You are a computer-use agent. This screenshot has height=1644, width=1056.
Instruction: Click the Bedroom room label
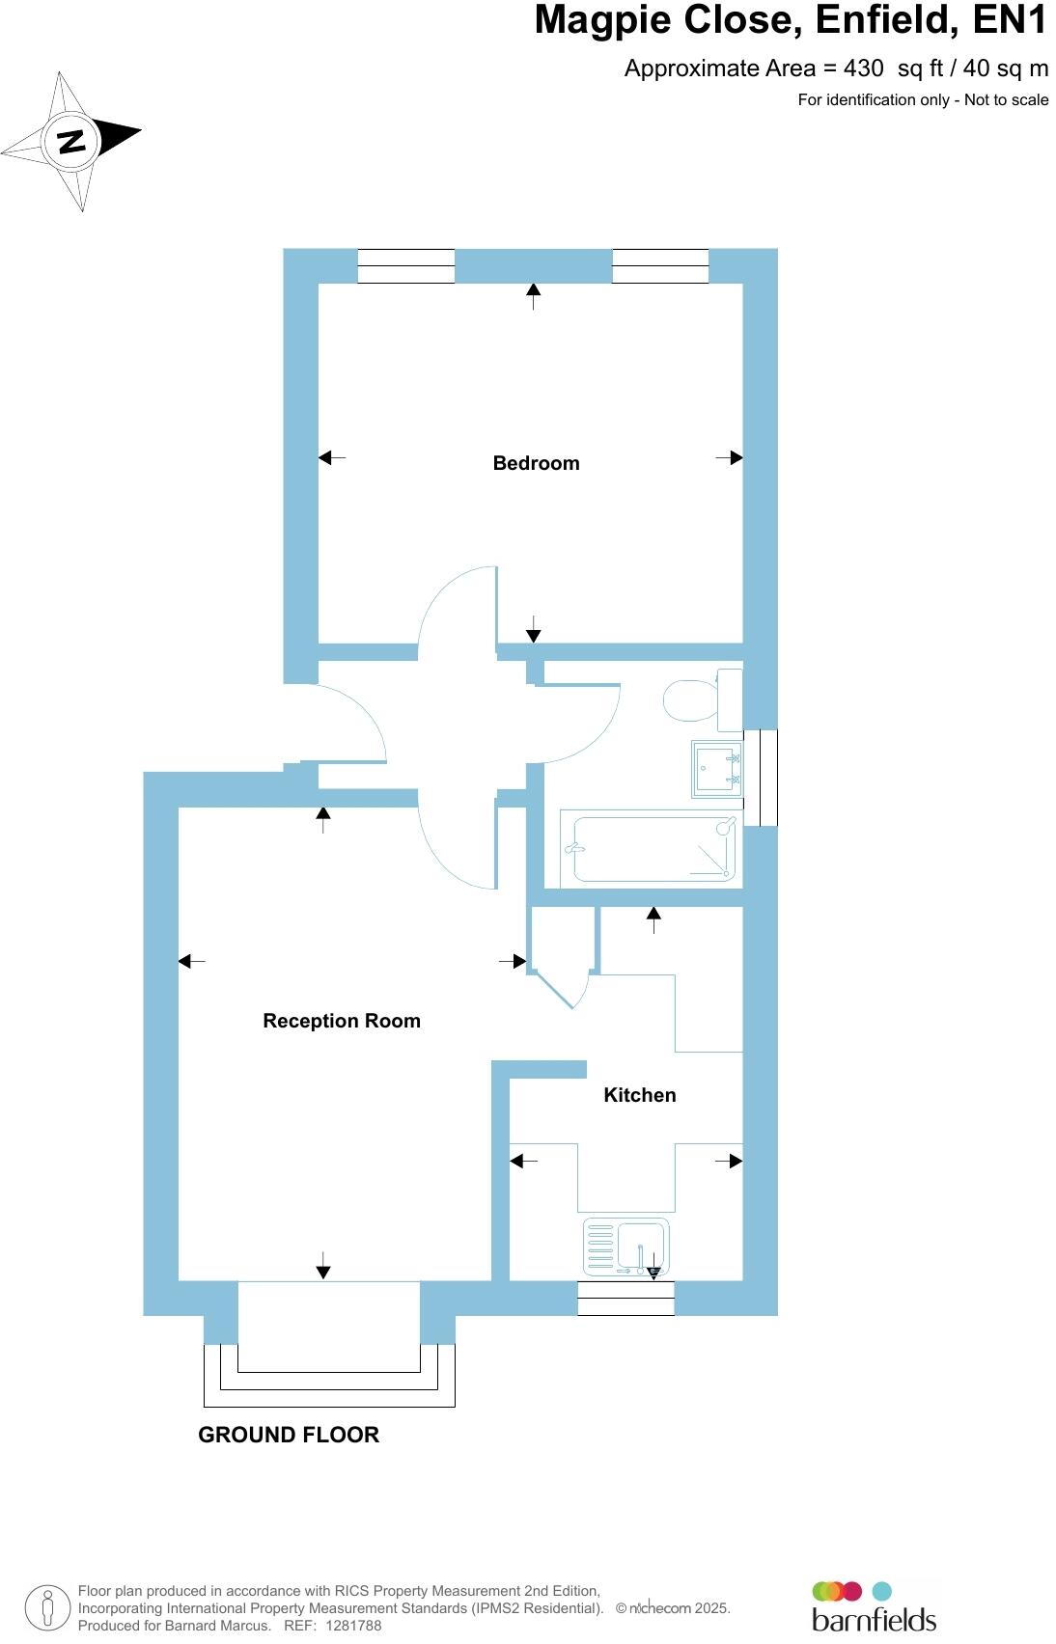[536, 463]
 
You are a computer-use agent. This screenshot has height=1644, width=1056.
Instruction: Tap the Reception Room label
[342, 1021]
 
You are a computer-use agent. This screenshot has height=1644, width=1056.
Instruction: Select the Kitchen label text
[639, 1095]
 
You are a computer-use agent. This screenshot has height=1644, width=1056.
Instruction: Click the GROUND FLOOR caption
[289, 1435]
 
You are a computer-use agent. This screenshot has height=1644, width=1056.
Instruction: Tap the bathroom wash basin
[716, 769]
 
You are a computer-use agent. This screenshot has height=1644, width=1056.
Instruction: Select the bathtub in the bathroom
[654, 849]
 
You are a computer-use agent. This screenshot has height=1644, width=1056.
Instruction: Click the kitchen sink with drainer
[625, 1246]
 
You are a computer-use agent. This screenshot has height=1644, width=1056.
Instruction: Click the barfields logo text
[874, 1618]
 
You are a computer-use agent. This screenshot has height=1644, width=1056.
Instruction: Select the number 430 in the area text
[863, 68]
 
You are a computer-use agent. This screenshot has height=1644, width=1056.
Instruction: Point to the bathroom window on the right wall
[767, 778]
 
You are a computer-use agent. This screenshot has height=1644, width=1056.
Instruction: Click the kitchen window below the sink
[625, 1299]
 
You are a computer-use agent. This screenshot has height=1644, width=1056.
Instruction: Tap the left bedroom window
[405, 265]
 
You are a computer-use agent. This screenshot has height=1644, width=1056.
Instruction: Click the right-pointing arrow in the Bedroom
[730, 458]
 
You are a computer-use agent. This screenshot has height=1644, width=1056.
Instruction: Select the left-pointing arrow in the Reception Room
[191, 961]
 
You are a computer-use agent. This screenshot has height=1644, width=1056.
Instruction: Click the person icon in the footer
[47, 1607]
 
